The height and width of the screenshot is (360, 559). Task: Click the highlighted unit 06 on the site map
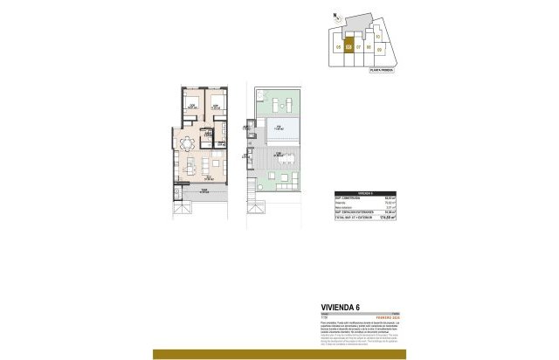pyautogui.click(x=349, y=46)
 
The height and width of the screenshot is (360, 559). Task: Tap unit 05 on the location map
pyautogui.click(x=337, y=46)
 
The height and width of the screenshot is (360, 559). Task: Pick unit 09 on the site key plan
pyautogui.click(x=379, y=51)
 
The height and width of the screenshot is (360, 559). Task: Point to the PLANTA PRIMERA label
pyautogui.click(x=381, y=69)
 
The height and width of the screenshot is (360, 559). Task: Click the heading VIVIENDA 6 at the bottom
pyautogui.click(x=342, y=307)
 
